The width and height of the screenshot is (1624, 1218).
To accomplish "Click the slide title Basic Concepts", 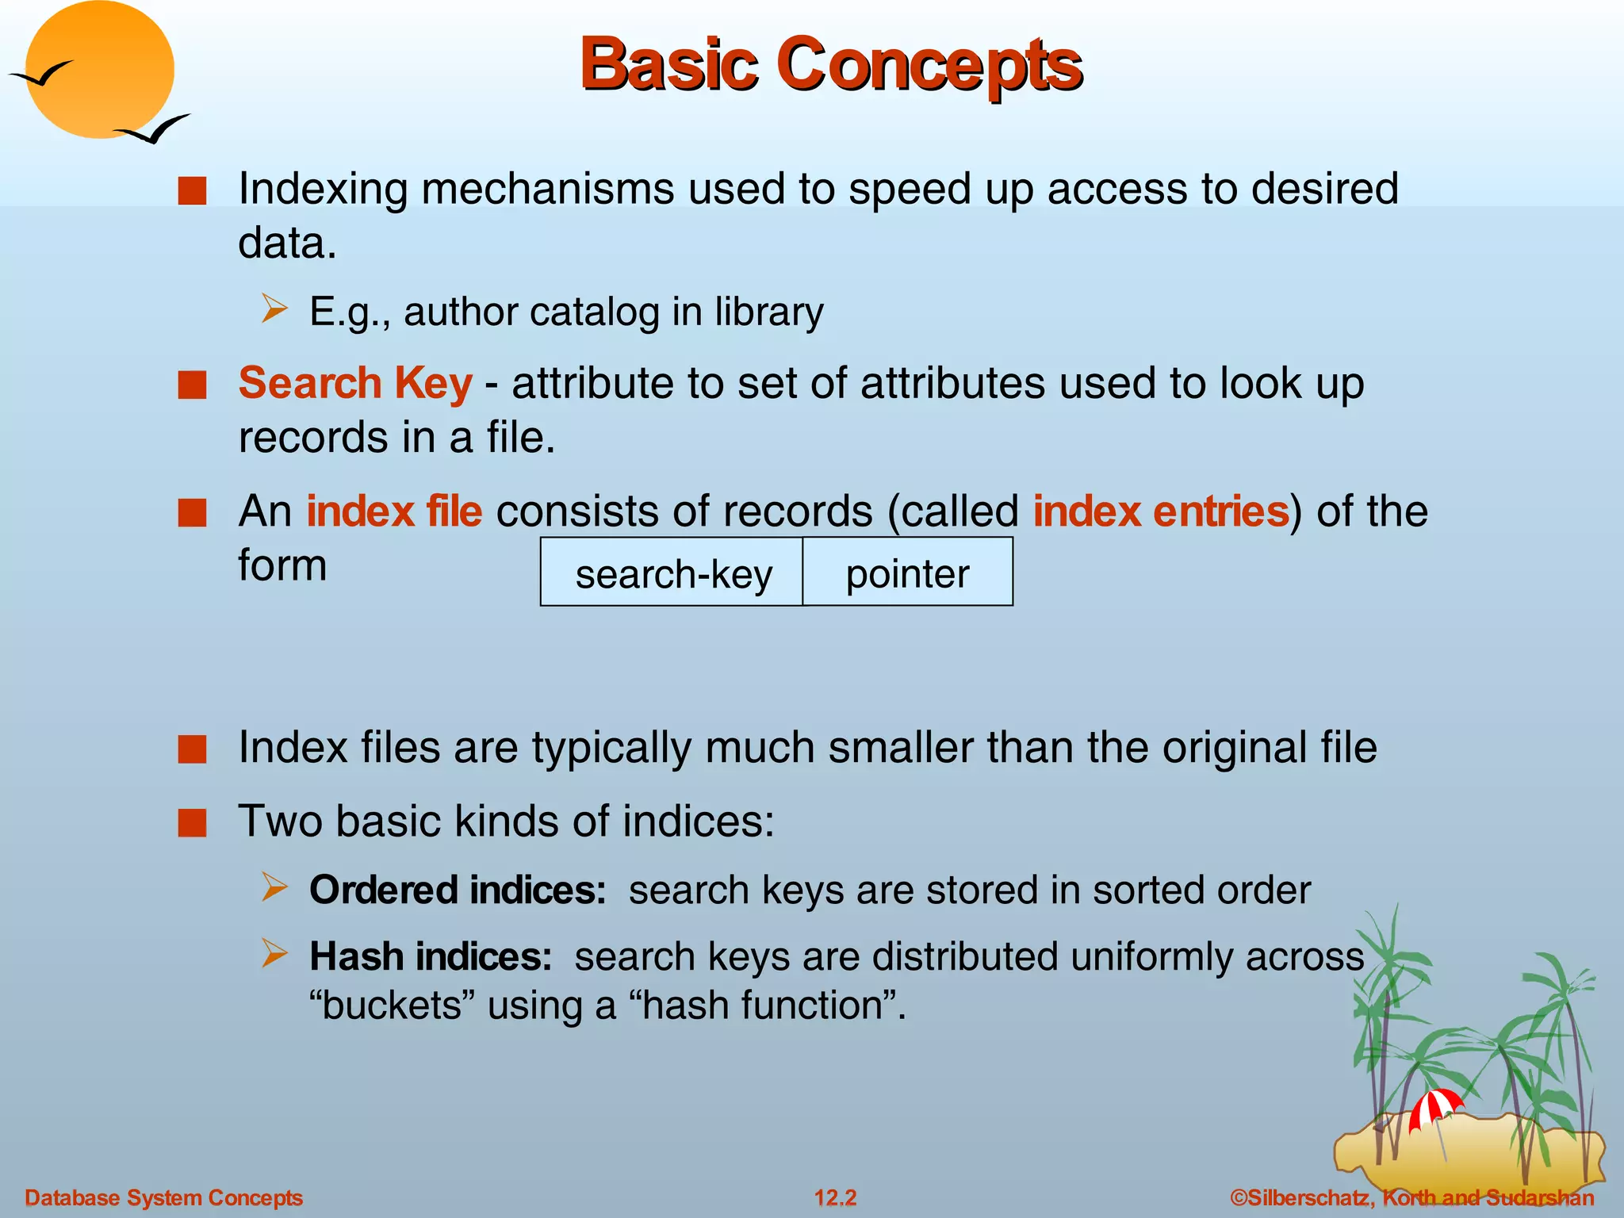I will (x=830, y=65).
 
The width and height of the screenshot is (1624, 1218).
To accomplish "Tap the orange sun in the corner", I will (x=99, y=70).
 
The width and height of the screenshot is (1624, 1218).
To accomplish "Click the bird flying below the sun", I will (x=154, y=129).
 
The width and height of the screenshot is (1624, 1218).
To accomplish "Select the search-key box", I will (x=672, y=573).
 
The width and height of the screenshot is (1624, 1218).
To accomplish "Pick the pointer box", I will (x=907, y=573).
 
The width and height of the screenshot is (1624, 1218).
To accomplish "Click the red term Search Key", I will (x=355, y=384).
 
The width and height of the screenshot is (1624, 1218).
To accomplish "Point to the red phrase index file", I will (x=394, y=511).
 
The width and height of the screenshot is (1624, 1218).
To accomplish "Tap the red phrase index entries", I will (x=1161, y=511).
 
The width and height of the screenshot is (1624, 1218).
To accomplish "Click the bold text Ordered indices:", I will (x=458, y=890).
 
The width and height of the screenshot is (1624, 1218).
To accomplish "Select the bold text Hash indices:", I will (x=431, y=956).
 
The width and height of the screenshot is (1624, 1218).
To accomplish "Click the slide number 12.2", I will (x=836, y=1197).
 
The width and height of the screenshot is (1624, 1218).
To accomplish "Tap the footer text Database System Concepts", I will (x=164, y=1197).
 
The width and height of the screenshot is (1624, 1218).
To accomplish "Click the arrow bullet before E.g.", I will (x=274, y=308).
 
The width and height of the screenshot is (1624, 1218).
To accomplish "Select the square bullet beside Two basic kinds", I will (x=192, y=822).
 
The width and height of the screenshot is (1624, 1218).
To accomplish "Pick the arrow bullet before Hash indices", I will (x=274, y=953).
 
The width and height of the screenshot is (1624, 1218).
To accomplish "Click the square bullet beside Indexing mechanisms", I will (x=192, y=191).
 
